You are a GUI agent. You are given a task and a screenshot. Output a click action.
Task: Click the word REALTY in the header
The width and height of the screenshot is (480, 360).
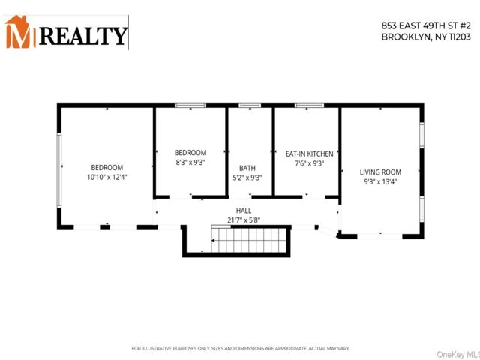83,36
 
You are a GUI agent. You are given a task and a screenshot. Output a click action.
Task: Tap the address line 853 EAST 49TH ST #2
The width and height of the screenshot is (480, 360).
426,25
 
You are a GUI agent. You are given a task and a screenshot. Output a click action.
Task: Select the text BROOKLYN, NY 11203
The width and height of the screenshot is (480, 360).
426,37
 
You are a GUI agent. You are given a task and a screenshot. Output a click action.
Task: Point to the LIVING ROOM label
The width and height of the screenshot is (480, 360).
380,172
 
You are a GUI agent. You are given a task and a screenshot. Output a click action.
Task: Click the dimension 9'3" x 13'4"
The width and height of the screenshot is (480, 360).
380,181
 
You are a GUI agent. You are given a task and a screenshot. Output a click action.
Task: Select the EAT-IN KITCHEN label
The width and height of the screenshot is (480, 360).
309,154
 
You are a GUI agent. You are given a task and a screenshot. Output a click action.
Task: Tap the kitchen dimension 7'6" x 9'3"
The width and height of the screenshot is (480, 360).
309,163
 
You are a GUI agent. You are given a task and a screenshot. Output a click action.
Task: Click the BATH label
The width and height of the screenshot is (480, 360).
247,168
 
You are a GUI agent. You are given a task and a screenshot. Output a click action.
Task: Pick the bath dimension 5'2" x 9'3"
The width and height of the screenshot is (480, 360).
247,178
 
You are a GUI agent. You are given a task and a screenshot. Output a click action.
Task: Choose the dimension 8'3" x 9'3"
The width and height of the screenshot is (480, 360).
190,162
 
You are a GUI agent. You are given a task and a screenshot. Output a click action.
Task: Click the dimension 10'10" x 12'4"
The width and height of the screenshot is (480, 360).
106,177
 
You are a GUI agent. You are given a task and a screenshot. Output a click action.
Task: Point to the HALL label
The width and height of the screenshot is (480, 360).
244,211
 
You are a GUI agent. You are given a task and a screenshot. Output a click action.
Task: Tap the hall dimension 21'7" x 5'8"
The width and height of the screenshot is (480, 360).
244,220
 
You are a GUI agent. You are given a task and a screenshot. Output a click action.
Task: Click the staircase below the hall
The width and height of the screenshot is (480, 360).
249,239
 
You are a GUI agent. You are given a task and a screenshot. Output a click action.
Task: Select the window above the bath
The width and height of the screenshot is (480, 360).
250,105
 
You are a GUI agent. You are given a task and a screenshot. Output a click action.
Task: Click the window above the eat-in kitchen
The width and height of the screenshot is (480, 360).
309,105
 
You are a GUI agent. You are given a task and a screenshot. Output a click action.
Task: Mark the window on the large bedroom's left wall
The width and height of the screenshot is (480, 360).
59,170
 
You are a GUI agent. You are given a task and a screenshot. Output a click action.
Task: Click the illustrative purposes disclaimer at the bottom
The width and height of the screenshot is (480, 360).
241,348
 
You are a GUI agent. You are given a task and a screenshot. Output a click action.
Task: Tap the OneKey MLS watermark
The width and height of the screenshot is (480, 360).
458,355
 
